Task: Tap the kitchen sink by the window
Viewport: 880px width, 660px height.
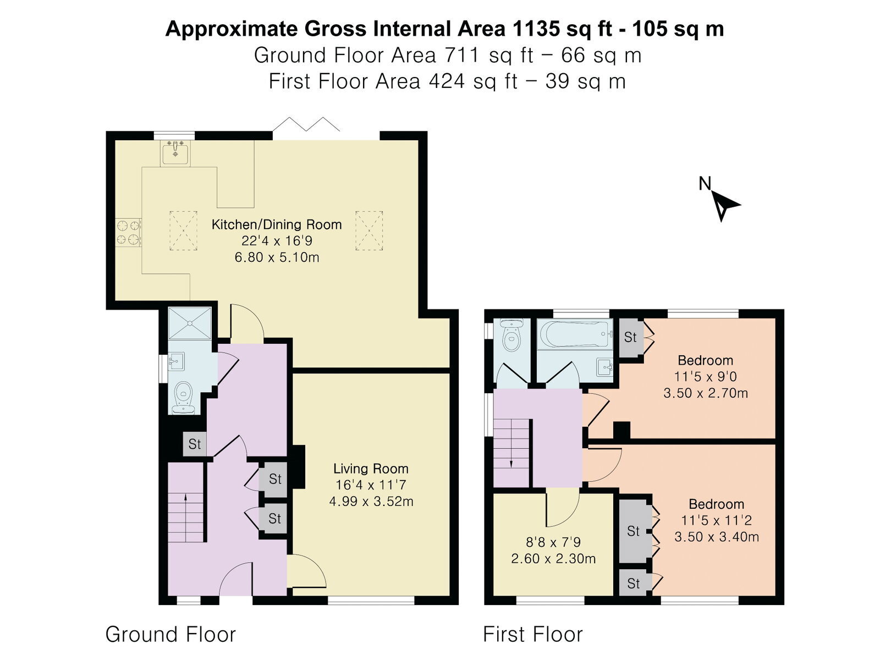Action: (175, 153)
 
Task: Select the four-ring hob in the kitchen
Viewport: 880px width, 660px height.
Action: (128, 233)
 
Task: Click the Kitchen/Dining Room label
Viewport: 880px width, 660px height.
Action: (277, 224)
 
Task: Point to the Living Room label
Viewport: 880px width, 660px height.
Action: (371, 469)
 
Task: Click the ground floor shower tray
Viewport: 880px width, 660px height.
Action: (190, 323)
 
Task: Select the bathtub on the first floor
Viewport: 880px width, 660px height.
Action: (575, 334)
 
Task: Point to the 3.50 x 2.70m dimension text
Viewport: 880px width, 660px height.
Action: (706, 393)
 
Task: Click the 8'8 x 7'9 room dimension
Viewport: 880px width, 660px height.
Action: (553, 542)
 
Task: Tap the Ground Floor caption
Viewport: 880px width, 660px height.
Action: (170, 634)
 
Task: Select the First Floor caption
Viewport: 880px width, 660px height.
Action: (533, 634)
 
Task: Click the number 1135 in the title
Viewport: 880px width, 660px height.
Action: (535, 29)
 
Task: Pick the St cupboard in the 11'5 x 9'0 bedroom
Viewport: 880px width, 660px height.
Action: (631, 337)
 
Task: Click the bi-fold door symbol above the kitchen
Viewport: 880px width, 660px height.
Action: (306, 124)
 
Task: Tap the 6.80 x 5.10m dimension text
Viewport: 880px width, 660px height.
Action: (277, 257)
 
